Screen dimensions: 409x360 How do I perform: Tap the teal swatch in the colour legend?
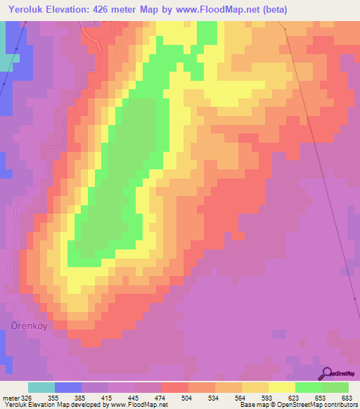coord(41,388)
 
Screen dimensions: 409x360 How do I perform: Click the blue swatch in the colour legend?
coord(68,388)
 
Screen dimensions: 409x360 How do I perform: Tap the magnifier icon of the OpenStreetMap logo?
coord(327,373)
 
